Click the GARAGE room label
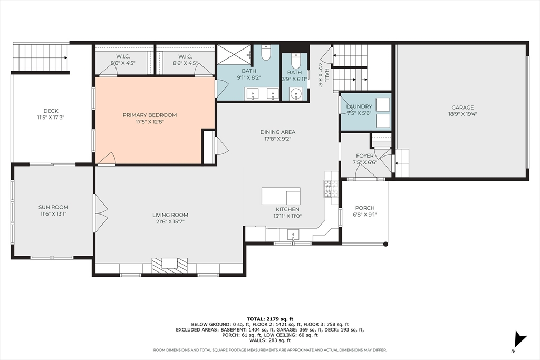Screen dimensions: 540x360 [x=462, y=108]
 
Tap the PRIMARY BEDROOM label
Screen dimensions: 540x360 [x=150, y=115]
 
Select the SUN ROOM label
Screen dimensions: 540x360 [x=53, y=207]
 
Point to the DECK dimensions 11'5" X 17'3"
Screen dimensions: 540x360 [x=51, y=118]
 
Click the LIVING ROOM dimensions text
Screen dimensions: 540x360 [x=170, y=222]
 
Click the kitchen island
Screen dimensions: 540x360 [x=281, y=196]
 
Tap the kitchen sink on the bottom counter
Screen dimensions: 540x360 [x=293, y=236]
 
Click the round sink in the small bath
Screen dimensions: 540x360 [x=295, y=94]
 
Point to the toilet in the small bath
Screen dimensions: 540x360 [x=296, y=61]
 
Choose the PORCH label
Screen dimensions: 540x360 [x=365, y=208]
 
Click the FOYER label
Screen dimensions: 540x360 [x=365, y=156]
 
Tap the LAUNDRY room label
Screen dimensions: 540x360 [x=359, y=106]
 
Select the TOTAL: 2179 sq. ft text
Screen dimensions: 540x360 [x=270, y=319]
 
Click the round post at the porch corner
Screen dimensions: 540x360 [x=385, y=244]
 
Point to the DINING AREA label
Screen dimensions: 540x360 [x=277, y=132]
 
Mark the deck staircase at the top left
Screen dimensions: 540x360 [x=40, y=57]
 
